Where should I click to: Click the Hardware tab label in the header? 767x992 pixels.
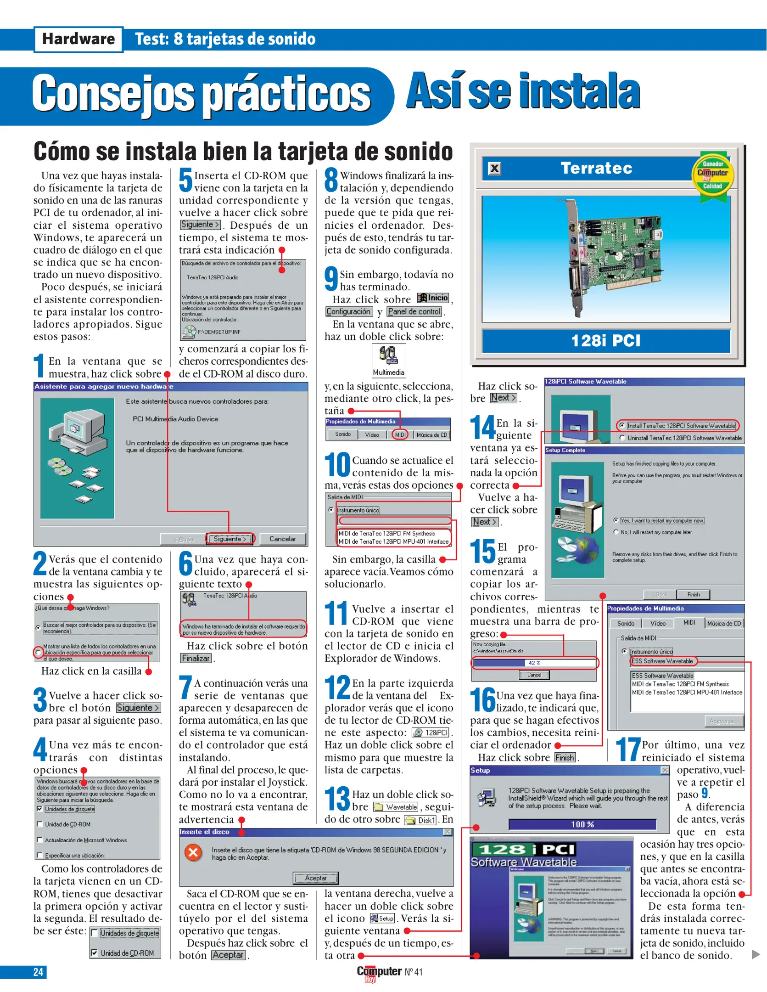(78, 39)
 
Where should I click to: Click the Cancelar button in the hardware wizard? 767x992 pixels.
(282, 539)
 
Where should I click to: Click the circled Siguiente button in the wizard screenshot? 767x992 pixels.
(230, 539)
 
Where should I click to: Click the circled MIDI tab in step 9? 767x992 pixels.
(400, 434)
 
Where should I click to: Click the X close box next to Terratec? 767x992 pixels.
(494, 169)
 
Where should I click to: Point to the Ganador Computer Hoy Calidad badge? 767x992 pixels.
(712, 175)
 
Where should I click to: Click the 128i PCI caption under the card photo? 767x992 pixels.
(605, 341)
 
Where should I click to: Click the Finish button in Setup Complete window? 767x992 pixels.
(693, 594)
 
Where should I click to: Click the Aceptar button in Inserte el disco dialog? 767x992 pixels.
(316, 878)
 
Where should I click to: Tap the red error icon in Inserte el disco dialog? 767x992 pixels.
(193, 853)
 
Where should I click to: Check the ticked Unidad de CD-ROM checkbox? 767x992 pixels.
(95, 953)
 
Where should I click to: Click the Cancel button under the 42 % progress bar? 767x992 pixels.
(534, 675)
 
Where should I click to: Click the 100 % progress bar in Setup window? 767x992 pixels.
(582, 824)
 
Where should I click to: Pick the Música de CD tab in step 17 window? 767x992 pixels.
(723, 623)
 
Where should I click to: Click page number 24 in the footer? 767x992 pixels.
(38, 972)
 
